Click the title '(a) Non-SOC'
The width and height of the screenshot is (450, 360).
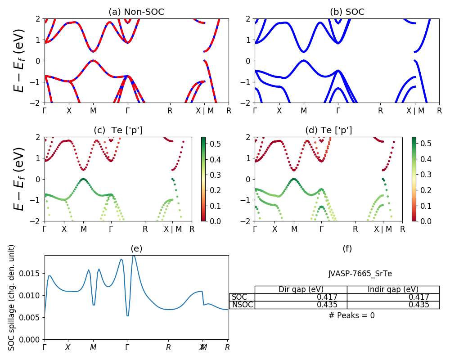[x=136, y=12]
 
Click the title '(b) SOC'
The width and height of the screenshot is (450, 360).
[x=347, y=12]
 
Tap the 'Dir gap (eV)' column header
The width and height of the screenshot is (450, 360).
[x=301, y=289]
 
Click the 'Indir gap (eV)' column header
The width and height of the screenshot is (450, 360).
[x=393, y=289]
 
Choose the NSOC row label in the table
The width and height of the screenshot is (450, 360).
[x=242, y=305]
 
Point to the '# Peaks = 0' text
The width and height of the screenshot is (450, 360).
[x=351, y=315]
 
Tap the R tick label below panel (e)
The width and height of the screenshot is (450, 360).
[x=168, y=347]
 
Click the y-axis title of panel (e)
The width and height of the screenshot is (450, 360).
[x=12, y=297]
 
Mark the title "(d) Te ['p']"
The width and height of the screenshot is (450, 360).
[x=328, y=130]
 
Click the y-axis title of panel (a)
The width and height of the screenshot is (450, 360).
[x=19, y=61]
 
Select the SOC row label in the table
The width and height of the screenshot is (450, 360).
[x=239, y=297]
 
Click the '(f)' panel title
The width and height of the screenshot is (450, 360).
[x=347, y=248]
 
